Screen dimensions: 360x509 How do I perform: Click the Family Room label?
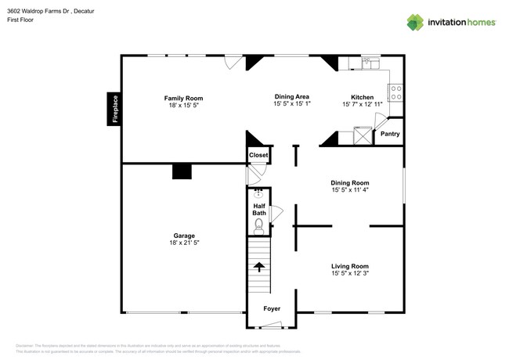click(183, 99)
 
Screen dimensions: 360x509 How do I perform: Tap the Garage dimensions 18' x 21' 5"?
click(185, 243)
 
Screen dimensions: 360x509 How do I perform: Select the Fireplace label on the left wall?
click(114, 109)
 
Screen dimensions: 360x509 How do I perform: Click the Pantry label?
click(389, 134)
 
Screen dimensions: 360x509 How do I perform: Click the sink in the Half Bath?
click(258, 193)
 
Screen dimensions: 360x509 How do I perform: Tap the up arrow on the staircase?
click(258, 267)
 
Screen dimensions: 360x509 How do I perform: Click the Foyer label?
click(271, 309)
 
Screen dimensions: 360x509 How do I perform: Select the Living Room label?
click(349, 266)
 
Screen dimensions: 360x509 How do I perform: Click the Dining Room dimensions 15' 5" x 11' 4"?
click(350, 190)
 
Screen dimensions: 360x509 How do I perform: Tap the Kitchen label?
click(362, 98)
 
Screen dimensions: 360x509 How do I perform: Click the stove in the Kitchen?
click(396, 92)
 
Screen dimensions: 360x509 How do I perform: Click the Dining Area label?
click(292, 96)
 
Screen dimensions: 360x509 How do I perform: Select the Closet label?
click(258, 155)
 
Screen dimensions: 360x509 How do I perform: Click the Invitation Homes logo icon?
click(415, 22)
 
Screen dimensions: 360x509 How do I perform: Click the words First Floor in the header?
click(22, 20)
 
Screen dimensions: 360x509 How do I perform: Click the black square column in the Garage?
click(182, 171)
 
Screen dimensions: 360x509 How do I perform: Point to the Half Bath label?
click(258, 210)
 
